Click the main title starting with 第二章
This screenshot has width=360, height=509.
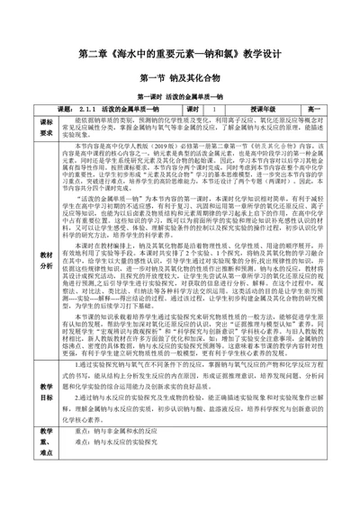click(x=180, y=55)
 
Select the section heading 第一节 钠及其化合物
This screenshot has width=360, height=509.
click(x=180, y=78)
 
